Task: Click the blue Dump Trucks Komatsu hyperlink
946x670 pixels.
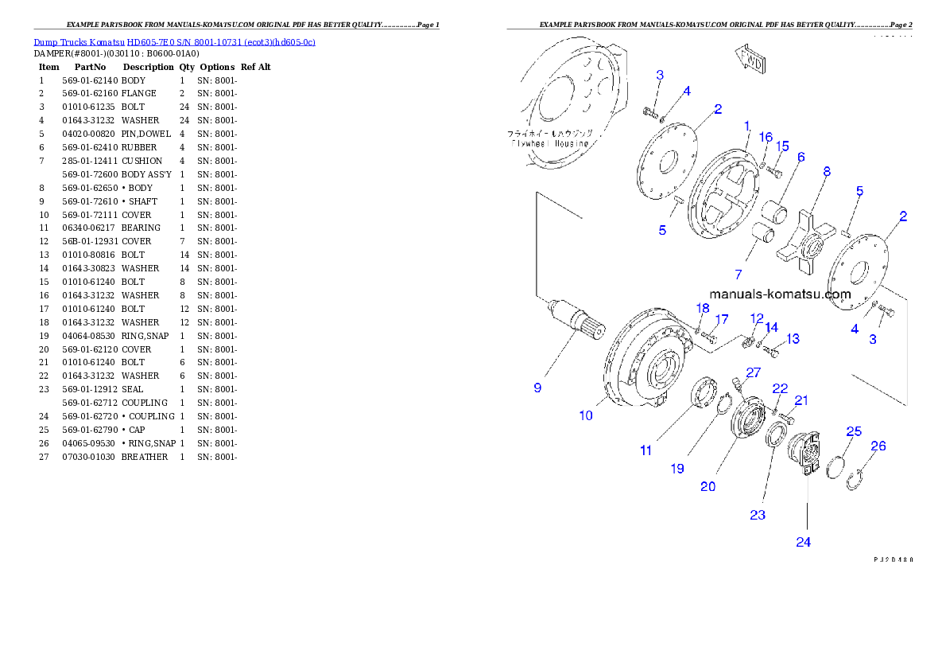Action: point(174,41)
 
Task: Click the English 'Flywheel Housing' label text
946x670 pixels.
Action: point(550,144)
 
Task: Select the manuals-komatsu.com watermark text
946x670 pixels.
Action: point(780,294)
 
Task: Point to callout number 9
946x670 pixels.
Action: point(537,388)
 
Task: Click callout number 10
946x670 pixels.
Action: point(586,415)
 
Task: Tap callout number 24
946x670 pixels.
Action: point(804,542)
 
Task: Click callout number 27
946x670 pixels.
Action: point(753,372)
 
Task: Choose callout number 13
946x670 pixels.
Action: point(793,339)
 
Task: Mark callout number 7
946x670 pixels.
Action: point(738,275)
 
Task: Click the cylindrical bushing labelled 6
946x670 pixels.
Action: point(775,213)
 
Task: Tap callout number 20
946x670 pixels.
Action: point(708,486)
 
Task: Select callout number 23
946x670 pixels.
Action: point(758,515)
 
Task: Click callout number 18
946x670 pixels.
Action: point(703,308)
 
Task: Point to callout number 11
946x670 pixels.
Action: point(646,450)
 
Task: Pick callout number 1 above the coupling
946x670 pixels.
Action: point(747,126)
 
